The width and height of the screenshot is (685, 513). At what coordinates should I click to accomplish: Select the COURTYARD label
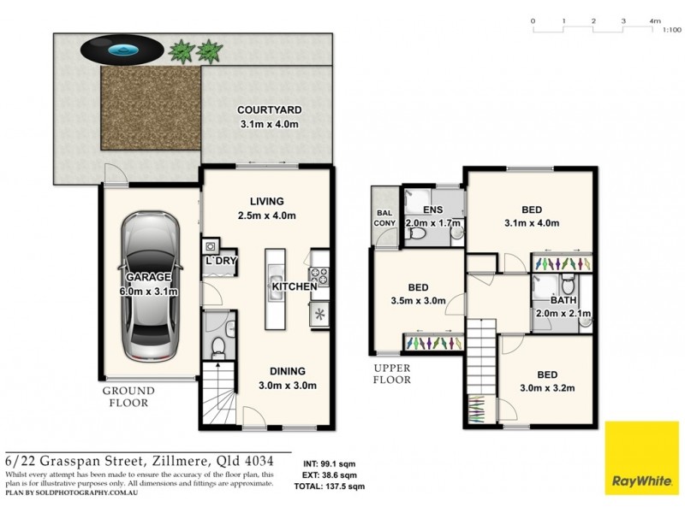[x=269, y=110]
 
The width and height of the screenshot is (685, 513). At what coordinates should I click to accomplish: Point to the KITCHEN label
[x=295, y=287]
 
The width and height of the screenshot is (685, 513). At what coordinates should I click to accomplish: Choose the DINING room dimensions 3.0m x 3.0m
[x=289, y=386]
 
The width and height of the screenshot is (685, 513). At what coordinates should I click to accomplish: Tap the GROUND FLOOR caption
[x=128, y=397]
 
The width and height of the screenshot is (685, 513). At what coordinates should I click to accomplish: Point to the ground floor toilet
[x=217, y=347]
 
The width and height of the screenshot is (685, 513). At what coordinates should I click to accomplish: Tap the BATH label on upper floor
[x=563, y=301]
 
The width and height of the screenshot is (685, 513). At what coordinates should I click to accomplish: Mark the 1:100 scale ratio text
[x=671, y=30]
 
